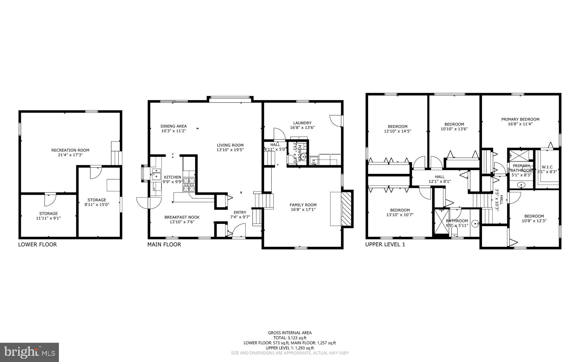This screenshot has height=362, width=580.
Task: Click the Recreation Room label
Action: pos(70,150)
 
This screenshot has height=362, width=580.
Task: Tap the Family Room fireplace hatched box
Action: pos(346,209)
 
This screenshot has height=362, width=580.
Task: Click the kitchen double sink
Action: pos(156,174)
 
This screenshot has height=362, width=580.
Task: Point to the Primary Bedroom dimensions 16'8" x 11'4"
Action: pos(520,124)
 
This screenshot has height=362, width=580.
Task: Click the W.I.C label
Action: pos(547,167)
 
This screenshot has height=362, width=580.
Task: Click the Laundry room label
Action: pos(302,123)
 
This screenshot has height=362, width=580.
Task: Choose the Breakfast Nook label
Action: pos(182,217)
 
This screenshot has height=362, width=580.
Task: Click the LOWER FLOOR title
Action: pos(37,245)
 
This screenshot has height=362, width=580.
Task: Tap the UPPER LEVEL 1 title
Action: pos(385,245)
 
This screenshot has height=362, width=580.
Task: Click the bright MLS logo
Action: pos(29,352)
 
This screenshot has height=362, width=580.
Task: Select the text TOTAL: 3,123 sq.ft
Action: pos(290,338)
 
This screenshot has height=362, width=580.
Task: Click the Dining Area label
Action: pos(173,126)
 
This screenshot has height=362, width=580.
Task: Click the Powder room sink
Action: pos(303,157)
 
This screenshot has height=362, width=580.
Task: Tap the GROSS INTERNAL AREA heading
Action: pos(290,333)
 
